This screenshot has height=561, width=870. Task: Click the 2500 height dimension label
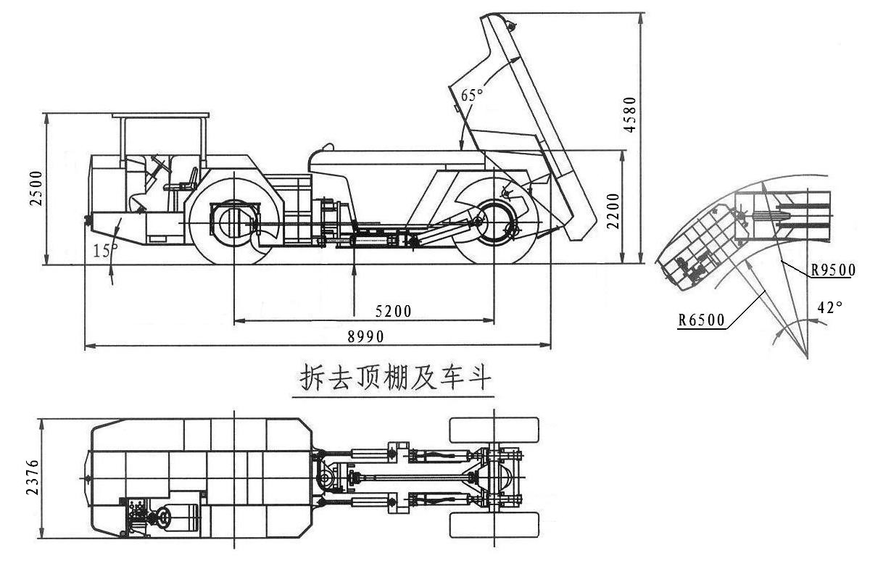click(x=36, y=188)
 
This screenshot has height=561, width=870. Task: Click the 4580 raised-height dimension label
click(x=629, y=115)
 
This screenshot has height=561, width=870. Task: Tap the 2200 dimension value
click(x=613, y=211)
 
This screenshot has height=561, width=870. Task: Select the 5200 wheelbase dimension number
click(x=393, y=311)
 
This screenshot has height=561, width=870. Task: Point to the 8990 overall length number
click(x=365, y=336)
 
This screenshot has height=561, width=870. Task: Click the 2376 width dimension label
click(x=32, y=477)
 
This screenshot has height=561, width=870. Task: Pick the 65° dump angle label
click(x=472, y=95)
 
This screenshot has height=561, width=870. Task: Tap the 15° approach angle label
click(x=105, y=251)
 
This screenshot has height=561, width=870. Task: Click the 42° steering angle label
click(x=830, y=307)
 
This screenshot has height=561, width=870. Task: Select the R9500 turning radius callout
click(x=834, y=270)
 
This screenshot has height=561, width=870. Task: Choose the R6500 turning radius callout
click(x=702, y=320)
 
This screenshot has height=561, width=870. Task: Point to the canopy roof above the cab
click(x=160, y=115)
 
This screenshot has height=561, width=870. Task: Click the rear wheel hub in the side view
click(x=494, y=221)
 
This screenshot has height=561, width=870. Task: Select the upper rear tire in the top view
click(x=494, y=430)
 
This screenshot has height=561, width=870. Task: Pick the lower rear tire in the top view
click(x=494, y=525)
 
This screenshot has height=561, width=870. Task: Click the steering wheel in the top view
click(x=164, y=517)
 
